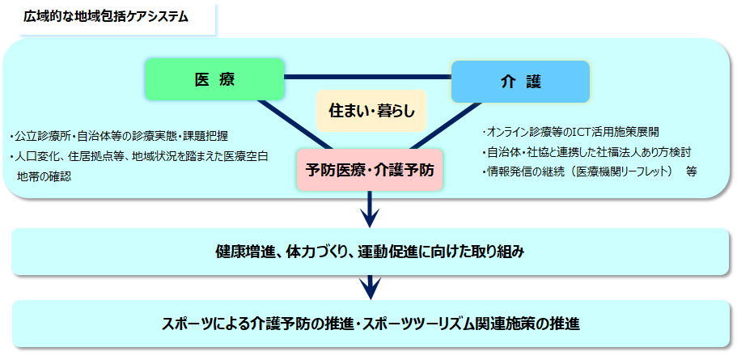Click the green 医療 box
tap(215, 79)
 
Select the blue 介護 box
tap(520, 82)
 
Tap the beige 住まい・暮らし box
tap(371, 112)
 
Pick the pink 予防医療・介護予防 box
tap(370, 170)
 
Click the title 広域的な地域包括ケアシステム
tap(106, 17)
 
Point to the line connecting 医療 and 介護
tap(367, 77)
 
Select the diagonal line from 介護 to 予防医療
tap(442, 125)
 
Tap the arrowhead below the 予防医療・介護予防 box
tap(370, 217)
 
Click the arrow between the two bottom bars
tap(370, 287)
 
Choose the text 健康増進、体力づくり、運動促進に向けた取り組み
tap(370, 252)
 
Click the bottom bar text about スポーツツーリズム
tap(370, 324)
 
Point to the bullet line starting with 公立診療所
tap(118, 137)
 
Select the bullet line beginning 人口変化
tap(138, 156)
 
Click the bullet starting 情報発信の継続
tap(576, 172)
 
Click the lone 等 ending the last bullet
tap(691, 172)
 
